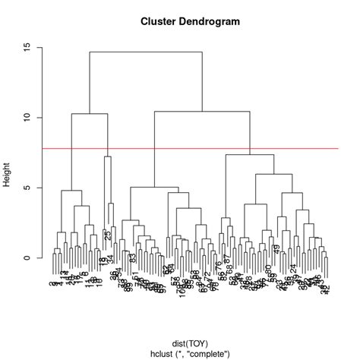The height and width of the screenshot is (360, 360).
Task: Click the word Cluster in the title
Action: pyautogui.click(x=157, y=21)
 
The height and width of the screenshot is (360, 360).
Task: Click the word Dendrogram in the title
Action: pyautogui.click(x=207, y=21)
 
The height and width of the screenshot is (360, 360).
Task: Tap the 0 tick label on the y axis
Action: pyautogui.click(x=27, y=258)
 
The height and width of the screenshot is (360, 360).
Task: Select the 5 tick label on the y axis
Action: pyautogui.click(x=27, y=188)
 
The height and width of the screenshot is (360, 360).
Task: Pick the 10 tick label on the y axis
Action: pyautogui.click(x=27, y=118)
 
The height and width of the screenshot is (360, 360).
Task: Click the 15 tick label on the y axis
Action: pyautogui.click(x=27, y=47)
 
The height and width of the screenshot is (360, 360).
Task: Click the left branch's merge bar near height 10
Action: pyautogui.click(x=90, y=114)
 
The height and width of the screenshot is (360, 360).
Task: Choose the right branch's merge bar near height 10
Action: pyautogui.click(x=202, y=112)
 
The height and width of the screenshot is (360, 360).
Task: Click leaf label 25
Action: pyautogui.click(x=108, y=236)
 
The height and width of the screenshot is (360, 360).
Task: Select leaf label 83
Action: pyautogui.click(x=133, y=258)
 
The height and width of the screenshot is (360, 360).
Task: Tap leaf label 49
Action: pyautogui.click(x=277, y=249)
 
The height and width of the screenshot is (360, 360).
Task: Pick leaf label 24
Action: pyautogui.click(x=293, y=268)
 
